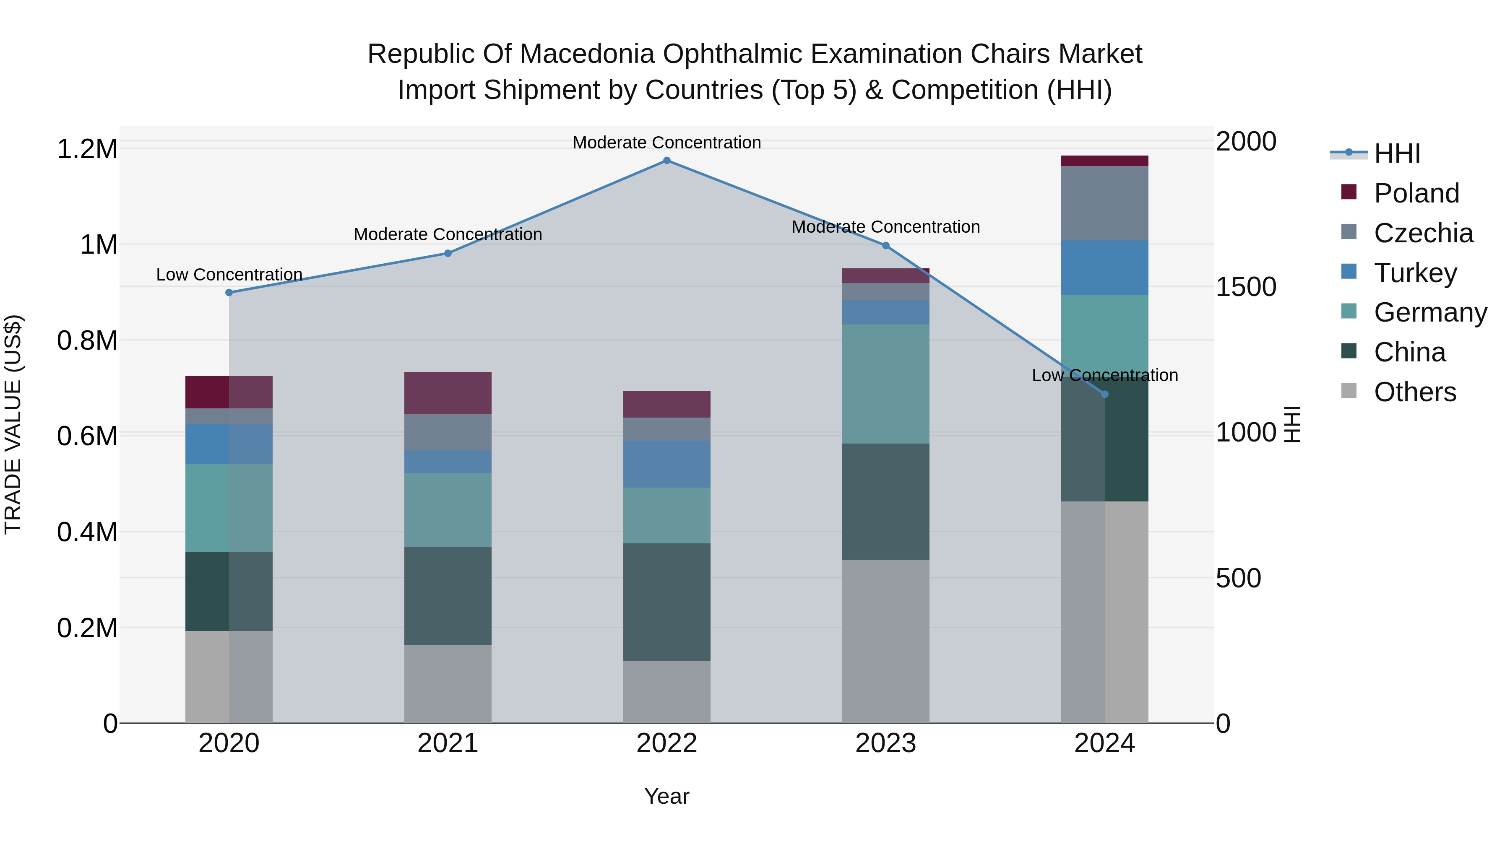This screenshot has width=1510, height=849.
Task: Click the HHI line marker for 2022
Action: pyautogui.click(x=666, y=161)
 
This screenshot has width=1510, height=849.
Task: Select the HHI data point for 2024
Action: pyautogui.click(x=1104, y=395)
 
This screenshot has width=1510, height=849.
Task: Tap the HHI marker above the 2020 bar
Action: pyautogui.click(x=229, y=292)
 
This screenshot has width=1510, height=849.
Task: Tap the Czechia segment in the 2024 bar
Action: pyautogui.click(x=1104, y=203)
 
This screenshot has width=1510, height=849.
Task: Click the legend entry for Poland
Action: pyautogui.click(x=1416, y=193)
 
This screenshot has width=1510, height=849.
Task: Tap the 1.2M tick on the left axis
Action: pyautogui.click(x=87, y=149)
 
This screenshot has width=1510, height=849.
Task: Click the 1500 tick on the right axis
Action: pyautogui.click(x=1246, y=287)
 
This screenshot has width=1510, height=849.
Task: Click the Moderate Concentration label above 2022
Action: pyautogui.click(x=666, y=143)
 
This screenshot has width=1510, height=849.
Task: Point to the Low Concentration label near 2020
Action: pyautogui.click(x=229, y=274)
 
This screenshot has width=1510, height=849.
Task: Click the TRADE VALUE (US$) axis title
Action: pyautogui.click(x=13, y=424)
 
